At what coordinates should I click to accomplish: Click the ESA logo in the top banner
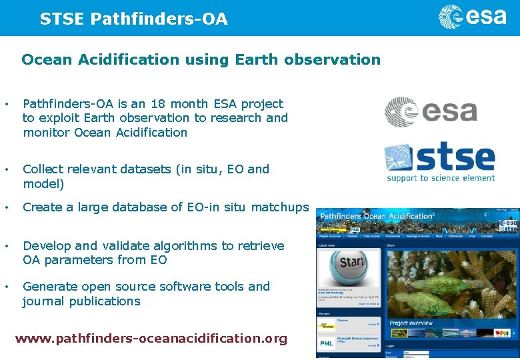click(472, 17)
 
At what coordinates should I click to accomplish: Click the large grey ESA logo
click(431, 112)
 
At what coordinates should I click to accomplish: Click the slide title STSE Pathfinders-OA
click(133, 19)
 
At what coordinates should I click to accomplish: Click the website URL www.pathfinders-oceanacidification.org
click(151, 339)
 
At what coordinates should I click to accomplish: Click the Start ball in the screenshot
click(349, 263)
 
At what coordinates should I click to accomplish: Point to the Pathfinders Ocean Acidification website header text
click(377, 216)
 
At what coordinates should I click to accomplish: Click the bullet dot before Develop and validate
click(6, 246)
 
